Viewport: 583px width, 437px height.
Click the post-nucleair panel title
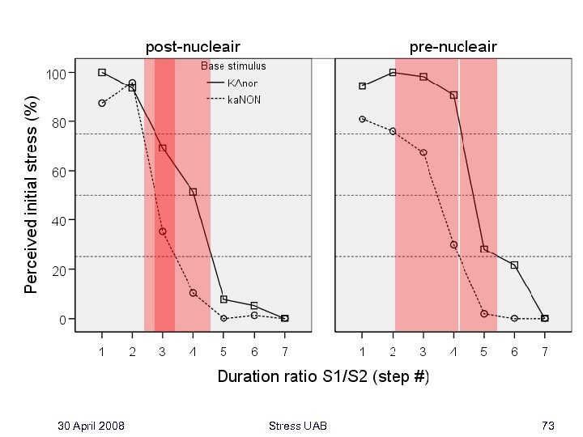[192, 47]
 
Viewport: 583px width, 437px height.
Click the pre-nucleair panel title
[453, 47]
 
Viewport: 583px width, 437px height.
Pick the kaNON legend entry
[243, 100]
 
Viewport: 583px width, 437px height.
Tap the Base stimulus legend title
[233, 66]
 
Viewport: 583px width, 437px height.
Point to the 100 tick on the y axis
[55, 73]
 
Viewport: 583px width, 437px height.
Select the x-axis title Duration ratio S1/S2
[323, 377]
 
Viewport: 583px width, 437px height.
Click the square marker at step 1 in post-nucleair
[102, 72]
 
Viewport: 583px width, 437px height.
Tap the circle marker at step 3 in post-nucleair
[163, 231]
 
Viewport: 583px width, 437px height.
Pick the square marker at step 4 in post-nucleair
[193, 192]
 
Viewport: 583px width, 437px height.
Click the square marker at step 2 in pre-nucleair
[393, 72]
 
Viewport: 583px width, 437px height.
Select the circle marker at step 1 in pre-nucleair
[363, 119]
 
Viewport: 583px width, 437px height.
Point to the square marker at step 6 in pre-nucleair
[514, 265]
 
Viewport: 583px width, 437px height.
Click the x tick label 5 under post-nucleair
[223, 352]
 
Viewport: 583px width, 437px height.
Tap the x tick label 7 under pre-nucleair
[545, 352]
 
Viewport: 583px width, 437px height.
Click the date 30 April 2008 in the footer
[91, 426]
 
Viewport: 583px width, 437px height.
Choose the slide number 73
[548, 426]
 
